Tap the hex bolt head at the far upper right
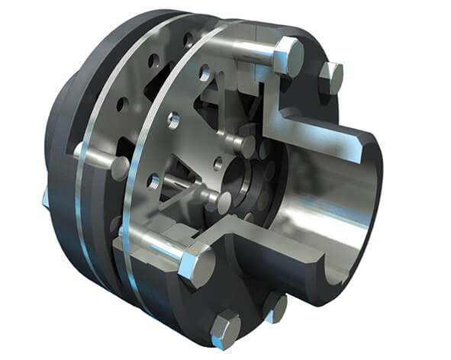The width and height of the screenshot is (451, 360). point(331,76)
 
